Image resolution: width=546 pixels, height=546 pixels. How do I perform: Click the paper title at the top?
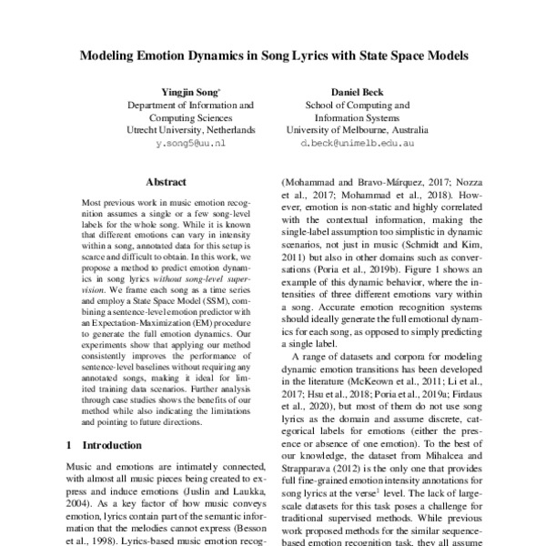pos(273,55)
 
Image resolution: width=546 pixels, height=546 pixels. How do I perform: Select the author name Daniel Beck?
pos(362,93)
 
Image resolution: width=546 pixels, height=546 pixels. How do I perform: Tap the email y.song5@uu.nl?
pos(191,144)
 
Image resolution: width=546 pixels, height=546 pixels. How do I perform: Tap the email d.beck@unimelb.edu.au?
pos(362,144)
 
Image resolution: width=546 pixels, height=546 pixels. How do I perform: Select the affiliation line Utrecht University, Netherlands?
pos(191,130)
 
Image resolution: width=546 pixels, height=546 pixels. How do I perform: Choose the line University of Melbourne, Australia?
pos(362,130)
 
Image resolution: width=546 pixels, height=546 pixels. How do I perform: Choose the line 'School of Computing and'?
pos(362,106)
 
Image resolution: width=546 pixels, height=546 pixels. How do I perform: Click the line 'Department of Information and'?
pos(190,106)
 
